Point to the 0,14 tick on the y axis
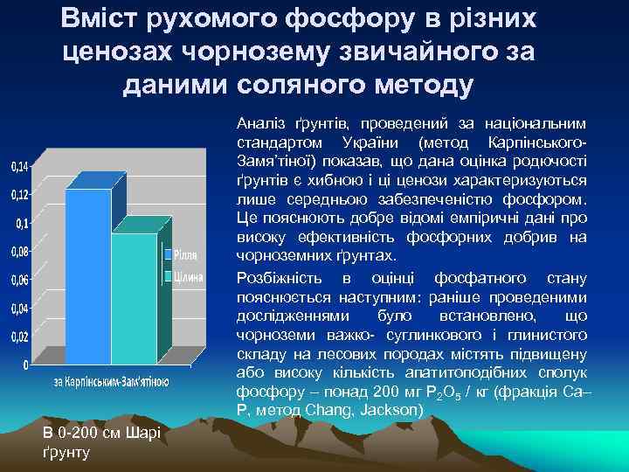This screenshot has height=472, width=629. pos(18,166)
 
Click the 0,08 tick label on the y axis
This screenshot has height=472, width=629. pos(18,252)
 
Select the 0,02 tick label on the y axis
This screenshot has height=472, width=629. pos(18,337)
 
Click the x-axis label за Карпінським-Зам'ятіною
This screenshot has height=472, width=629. pos(111,382)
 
